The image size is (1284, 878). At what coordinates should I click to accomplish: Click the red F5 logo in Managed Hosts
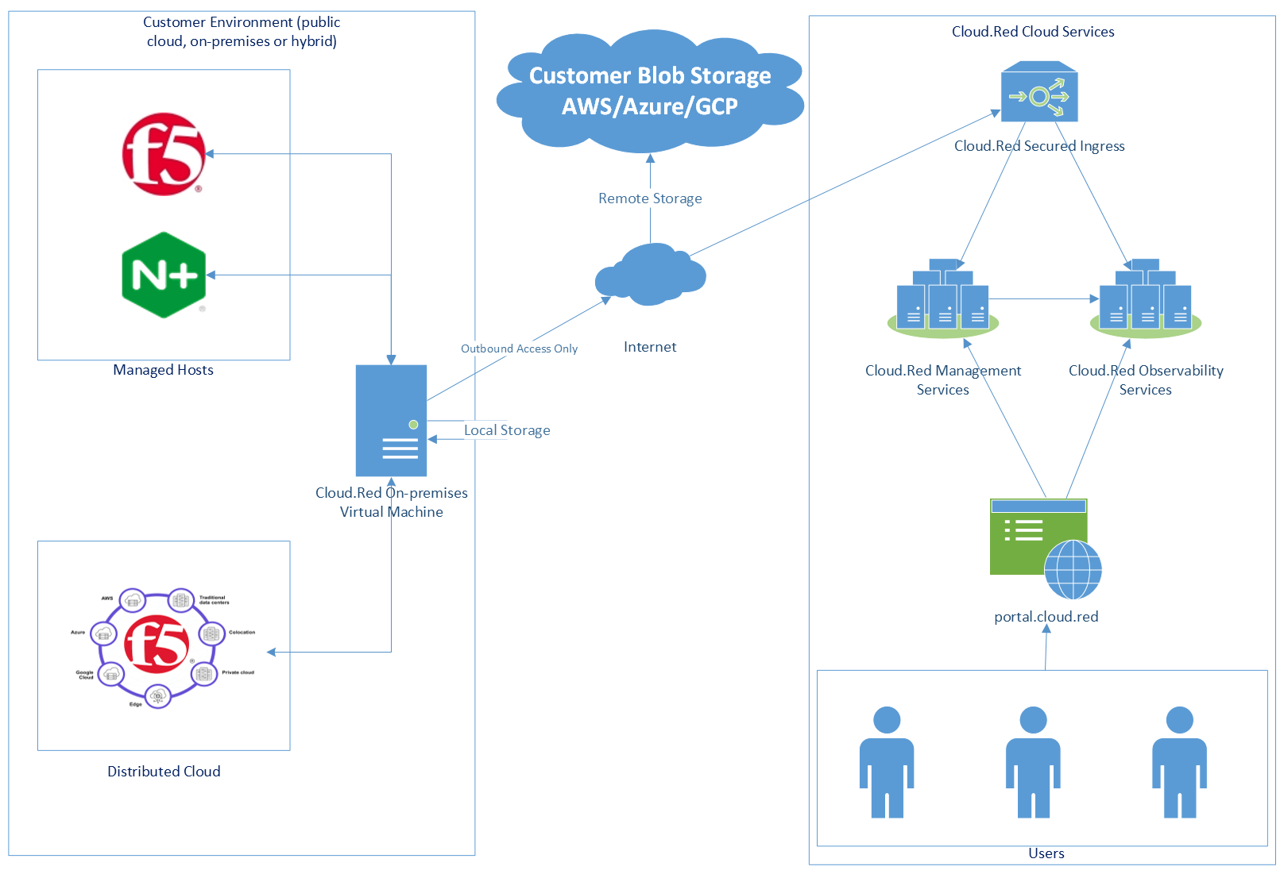(164, 154)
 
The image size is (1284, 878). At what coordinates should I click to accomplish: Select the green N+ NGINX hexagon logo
(164, 275)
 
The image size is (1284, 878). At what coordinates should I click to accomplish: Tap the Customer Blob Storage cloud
(650, 91)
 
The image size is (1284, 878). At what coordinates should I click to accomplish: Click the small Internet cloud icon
(650, 275)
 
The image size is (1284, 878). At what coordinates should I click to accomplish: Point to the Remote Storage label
(650, 198)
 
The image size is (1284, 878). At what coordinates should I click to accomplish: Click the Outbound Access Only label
(519, 349)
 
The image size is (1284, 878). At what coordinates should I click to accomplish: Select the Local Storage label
(507, 430)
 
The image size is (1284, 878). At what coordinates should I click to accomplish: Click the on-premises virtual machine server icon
(391, 421)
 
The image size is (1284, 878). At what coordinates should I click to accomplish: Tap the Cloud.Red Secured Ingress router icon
(1039, 93)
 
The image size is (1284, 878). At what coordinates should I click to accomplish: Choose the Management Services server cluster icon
(943, 299)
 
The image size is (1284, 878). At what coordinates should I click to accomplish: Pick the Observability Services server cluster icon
(1145, 299)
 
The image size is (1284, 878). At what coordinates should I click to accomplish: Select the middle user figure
(1033, 762)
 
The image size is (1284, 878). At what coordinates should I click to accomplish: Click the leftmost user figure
(887, 762)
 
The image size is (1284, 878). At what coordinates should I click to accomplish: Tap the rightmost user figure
(1179, 762)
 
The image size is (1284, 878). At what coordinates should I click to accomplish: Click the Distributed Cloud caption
(164, 772)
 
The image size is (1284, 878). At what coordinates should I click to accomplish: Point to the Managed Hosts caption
(163, 370)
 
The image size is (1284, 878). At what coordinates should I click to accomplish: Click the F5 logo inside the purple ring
(157, 644)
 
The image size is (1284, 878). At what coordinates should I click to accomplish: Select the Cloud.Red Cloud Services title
(1033, 32)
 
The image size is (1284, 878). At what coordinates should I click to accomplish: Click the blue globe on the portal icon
(1073, 569)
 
